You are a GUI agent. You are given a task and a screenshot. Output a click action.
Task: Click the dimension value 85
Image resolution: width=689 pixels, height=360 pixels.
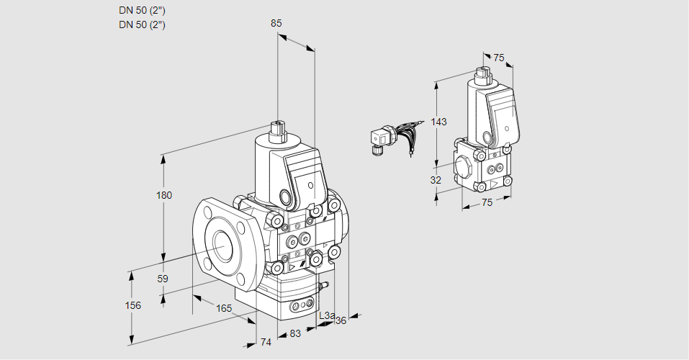pyautogui.click(x=276, y=23)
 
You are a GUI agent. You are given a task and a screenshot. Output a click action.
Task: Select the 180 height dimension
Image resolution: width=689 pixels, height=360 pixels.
pyautogui.click(x=165, y=196)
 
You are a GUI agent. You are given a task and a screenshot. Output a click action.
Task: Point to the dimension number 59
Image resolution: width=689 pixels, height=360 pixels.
pyautogui.click(x=163, y=279)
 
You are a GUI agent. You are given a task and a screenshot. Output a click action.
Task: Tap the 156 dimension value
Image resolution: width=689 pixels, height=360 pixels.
pyautogui.click(x=132, y=305)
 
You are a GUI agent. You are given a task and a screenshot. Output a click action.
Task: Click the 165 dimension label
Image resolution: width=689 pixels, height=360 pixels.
pyautogui.click(x=224, y=308)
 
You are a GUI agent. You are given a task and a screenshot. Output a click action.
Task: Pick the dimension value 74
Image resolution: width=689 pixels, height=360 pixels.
pyautogui.click(x=266, y=342)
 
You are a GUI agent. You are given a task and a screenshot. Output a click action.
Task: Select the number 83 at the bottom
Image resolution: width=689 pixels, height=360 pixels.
pyautogui.click(x=295, y=333)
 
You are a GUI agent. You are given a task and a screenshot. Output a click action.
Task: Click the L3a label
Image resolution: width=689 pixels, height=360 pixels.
pyautogui.click(x=326, y=315)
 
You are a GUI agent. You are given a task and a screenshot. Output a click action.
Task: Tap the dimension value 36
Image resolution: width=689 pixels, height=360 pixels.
pyautogui.click(x=341, y=320)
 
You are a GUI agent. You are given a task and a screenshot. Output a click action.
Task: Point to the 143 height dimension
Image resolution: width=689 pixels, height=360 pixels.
pyautogui.click(x=439, y=122)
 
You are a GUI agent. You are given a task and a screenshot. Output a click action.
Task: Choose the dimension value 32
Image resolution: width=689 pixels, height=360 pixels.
pyautogui.click(x=436, y=180)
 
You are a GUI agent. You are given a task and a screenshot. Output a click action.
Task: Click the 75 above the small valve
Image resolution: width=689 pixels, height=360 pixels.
pyautogui.click(x=498, y=58)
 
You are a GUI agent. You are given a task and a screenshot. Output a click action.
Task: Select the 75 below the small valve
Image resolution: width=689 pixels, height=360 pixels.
pyautogui.click(x=487, y=202)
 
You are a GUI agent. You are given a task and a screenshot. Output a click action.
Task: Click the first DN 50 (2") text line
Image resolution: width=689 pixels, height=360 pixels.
pyautogui.click(x=142, y=11)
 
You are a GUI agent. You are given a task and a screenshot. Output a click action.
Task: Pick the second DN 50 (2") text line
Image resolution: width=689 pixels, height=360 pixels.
pyautogui.click(x=142, y=24)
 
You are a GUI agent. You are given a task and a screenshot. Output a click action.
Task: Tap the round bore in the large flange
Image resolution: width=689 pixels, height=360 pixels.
pyautogui.click(x=220, y=246)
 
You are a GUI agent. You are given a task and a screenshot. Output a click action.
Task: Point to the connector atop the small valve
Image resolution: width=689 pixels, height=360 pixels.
pyautogui.click(x=482, y=73)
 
